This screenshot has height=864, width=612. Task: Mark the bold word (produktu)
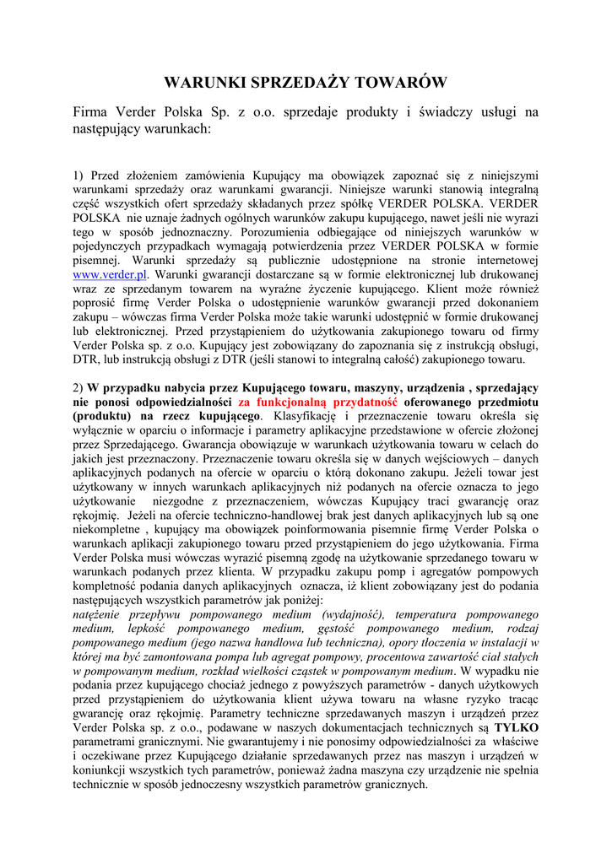tap(101, 416)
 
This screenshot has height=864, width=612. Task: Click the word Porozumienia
tap(278, 231)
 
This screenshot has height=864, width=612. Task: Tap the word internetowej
tap(501, 260)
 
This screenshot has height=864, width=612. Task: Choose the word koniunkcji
tap(100, 769)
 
